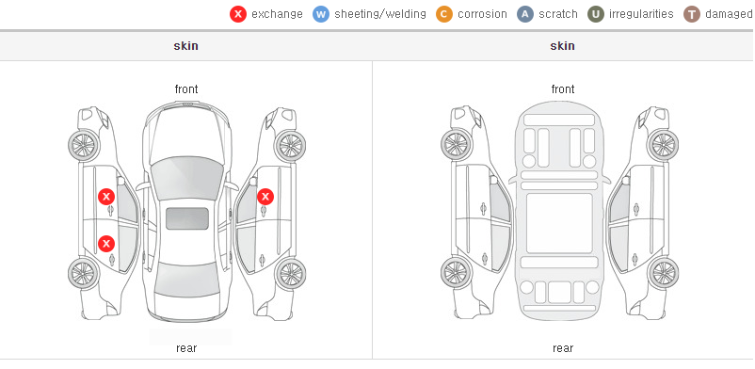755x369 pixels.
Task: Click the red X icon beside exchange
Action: pos(238,14)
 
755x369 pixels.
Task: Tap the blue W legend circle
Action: pos(321,14)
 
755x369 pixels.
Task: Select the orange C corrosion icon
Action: pos(444,14)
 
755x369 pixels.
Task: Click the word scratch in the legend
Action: pos(558,14)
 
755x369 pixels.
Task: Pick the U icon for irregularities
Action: pos(596,14)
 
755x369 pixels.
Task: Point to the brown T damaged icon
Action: pos(691,14)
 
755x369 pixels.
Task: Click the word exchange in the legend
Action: pos(277,14)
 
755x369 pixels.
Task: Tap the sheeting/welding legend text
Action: pos(380,14)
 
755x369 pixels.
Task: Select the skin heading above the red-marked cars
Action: pos(185,46)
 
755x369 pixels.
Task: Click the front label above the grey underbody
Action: pos(563,89)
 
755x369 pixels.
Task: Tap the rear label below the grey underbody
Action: pos(563,348)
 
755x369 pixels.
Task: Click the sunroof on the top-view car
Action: pos(187,218)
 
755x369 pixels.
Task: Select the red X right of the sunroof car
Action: pos(265,197)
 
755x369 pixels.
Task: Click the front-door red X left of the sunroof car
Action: pos(106,197)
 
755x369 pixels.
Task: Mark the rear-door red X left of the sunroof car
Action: pos(106,244)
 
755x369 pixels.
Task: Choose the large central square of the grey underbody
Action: pos(559,223)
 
